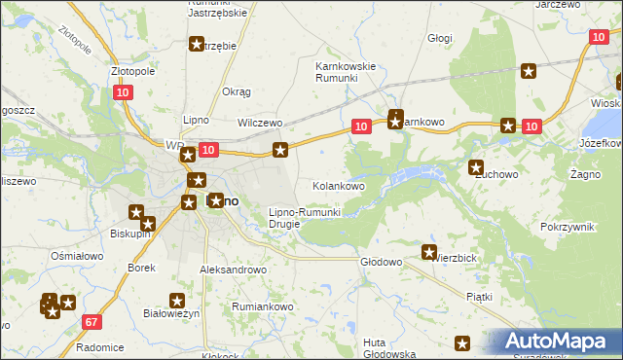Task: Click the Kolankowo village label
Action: point(338,185)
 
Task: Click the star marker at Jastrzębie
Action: point(197,44)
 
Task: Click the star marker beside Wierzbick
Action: point(429,253)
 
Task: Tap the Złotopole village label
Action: point(133,71)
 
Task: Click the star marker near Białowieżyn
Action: point(177,302)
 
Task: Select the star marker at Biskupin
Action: point(137,213)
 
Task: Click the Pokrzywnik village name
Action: point(567,226)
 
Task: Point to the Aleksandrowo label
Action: point(233,270)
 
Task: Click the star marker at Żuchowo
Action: point(476,167)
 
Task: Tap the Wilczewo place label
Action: point(260,124)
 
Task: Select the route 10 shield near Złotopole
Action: point(122,92)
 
